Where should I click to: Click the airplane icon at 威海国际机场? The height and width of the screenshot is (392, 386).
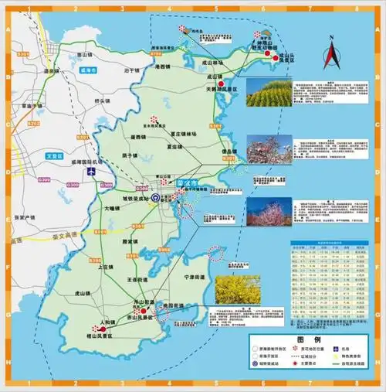pyautogui.click(x=92, y=171)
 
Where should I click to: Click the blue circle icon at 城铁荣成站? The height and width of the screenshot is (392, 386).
pyautogui.click(x=156, y=198)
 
